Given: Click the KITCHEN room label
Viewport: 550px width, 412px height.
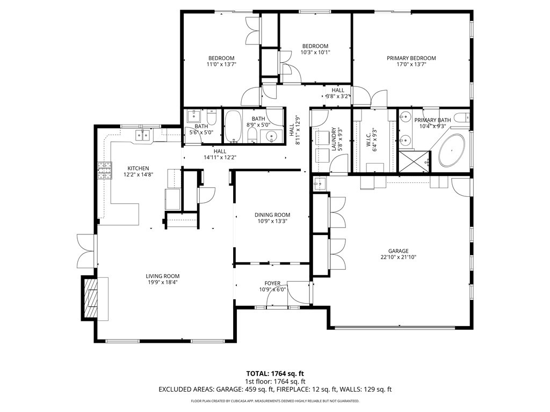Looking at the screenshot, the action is pos(138,168).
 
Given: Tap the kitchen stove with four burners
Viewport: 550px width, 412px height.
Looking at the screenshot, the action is pos(104,171).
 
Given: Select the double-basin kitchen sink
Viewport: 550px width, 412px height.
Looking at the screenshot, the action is pos(143,135).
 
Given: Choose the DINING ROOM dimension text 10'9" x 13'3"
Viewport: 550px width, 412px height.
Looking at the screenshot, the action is pos(272,221).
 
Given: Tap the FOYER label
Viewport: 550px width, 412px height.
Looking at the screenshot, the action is pos(272,283).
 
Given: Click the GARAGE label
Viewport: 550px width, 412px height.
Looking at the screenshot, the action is pos(399,251).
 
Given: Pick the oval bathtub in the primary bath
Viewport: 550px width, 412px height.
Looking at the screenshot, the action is pos(451,150).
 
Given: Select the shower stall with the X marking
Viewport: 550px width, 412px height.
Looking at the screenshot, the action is pos(414,161).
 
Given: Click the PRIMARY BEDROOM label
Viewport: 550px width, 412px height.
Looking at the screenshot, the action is pos(411,58).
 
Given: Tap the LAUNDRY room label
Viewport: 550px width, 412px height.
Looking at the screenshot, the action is pos(334,139).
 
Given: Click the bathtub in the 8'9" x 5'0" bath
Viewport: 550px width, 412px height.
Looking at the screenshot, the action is pos(233,127).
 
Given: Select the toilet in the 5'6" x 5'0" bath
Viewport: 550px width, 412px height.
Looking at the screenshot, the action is pos(212,115).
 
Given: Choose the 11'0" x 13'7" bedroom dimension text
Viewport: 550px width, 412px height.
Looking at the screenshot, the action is pos(221,64).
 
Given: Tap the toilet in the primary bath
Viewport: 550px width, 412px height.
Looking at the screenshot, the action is pos(461,117).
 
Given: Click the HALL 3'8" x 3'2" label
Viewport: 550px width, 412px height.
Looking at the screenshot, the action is pos(338,93).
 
